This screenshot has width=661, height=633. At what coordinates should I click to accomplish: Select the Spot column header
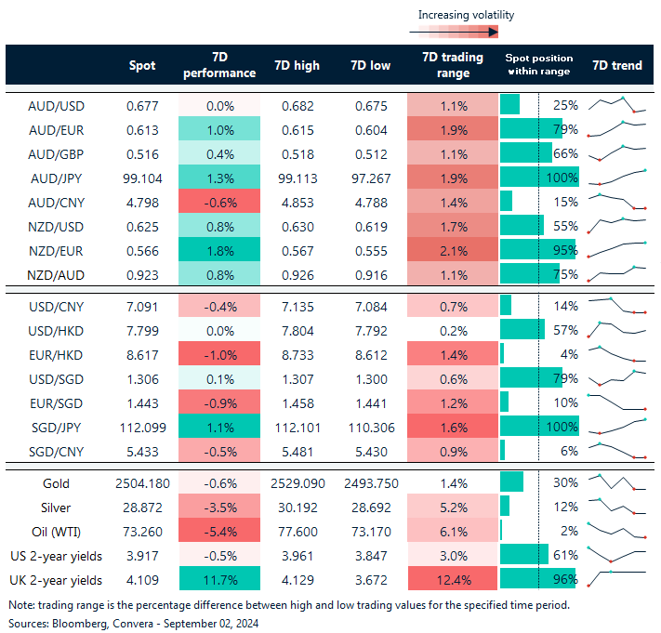click(141, 65)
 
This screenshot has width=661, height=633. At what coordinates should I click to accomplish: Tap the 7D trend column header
click(615, 65)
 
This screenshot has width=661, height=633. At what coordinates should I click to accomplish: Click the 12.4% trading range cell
click(451, 580)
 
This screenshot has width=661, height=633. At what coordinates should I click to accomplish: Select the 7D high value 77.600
click(297, 532)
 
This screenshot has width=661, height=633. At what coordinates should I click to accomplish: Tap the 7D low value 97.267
click(372, 177)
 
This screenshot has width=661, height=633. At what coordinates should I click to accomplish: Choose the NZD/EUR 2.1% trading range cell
click(451, 249)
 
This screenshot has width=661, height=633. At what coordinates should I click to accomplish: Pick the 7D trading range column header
click(451, 65)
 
